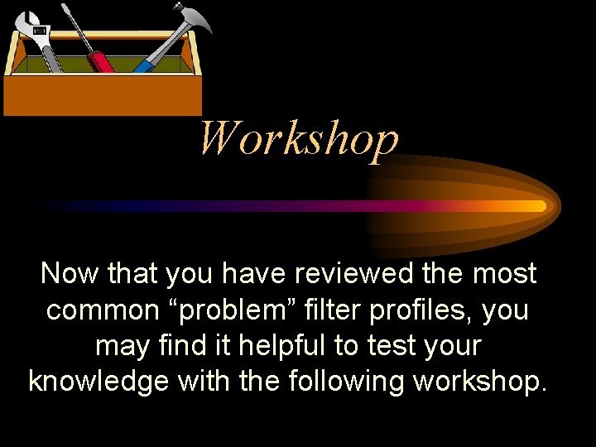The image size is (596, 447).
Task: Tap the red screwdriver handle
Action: point(102,60)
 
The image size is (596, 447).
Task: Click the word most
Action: point(507,273)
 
